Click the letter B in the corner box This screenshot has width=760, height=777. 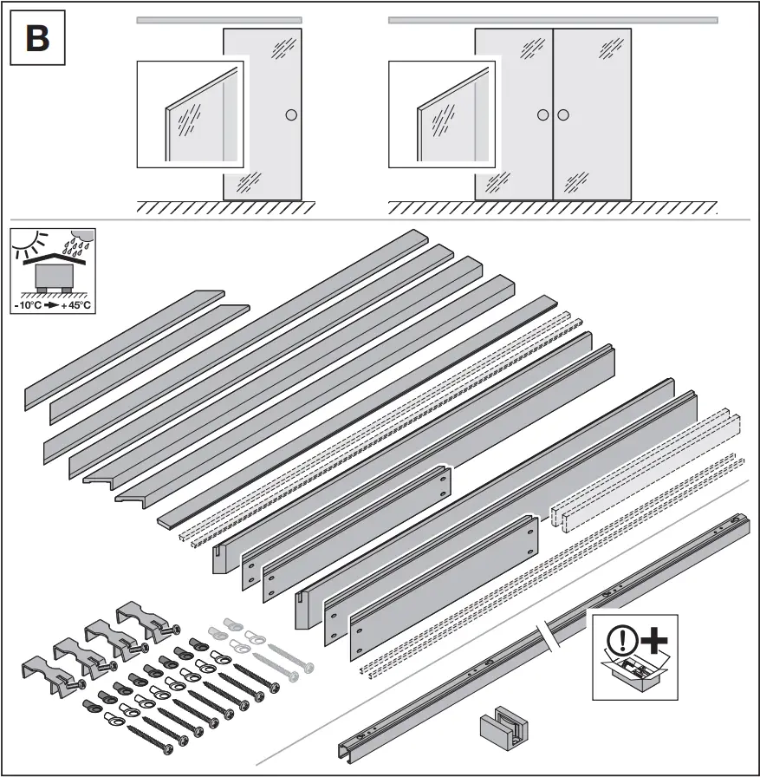(x=37, y=38)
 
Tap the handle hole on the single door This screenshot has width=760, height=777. (x=291, y=114)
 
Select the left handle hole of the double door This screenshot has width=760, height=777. (x=542, y=114)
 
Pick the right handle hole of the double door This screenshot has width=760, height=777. (x=563, y=114)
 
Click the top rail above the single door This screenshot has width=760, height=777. (x=219, y=19)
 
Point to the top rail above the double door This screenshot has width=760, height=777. (x=553, y=19)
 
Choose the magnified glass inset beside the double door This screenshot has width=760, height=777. (x=443, y=113)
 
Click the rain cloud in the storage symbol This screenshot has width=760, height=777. (x=79, y=239)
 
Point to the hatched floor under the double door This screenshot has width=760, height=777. (x=553, y=208)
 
